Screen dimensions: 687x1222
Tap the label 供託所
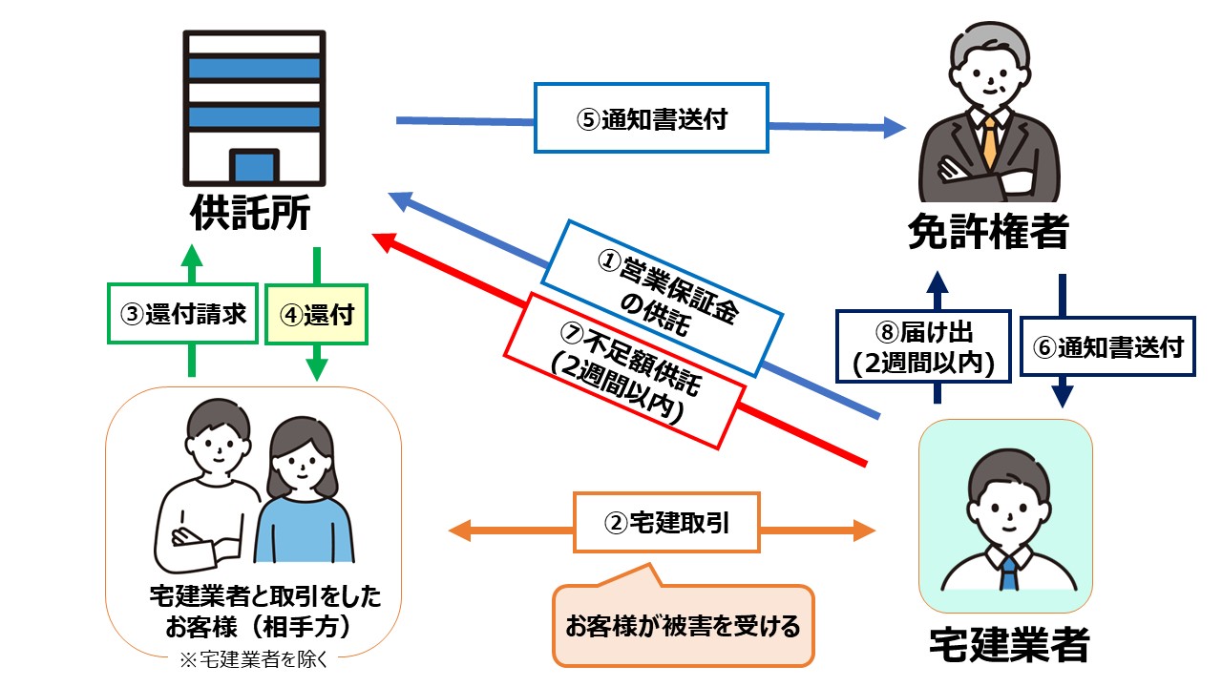(251, 212)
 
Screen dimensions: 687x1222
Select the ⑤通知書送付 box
(651, 118)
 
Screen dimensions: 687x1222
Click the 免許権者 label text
(987, 231)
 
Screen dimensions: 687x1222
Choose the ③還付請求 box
(182, 313)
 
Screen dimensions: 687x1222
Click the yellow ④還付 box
(315, 313)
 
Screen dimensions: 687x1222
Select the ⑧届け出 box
(922, 346)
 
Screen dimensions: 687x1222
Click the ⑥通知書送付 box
(1106, 346)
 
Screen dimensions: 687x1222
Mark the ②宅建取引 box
(666, 522)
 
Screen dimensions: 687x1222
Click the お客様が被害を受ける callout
(683, 627)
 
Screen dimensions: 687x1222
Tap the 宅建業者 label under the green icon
(1008, 644)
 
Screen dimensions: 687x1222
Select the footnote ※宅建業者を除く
(253, 658)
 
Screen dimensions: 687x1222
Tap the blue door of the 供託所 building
(254, 167)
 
